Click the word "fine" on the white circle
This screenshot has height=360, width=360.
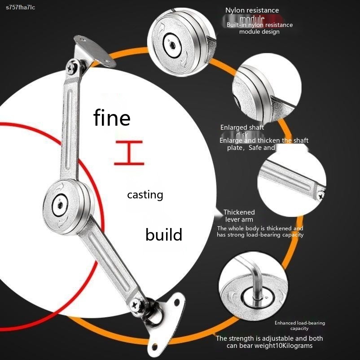[x=112, y=118]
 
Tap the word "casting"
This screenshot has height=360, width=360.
[x=145, y=195]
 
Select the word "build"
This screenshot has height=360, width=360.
[x=164, y=234]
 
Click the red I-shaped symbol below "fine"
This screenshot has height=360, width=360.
[x=128, y=153]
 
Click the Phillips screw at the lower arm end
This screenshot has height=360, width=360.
[x=136, y=305]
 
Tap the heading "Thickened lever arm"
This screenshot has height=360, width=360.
[x=239, y=215]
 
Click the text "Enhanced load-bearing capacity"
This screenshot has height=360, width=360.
[x=299, y=325]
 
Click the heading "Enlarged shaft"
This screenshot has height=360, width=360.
[x=242, y=128]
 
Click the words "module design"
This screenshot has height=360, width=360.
[x=259, y=32]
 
